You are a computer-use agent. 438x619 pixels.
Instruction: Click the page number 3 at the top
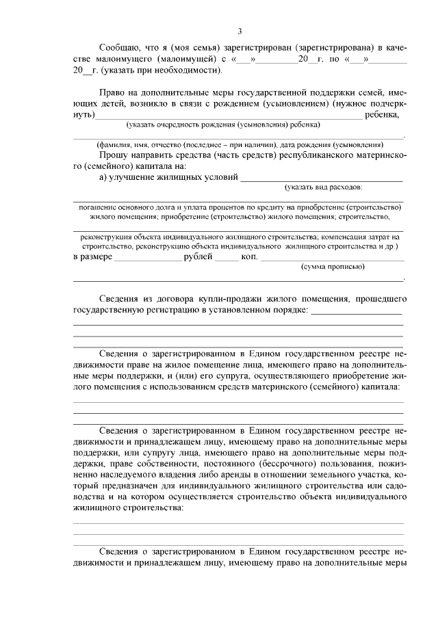click(240, 31)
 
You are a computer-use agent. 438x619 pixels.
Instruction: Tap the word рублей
click(198, 257)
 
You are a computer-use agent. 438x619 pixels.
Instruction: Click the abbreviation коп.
click(249, 257)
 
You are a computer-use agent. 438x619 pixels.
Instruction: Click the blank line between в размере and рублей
click(148, 259)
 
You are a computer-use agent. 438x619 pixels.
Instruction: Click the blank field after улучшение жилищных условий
click(321, 179)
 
